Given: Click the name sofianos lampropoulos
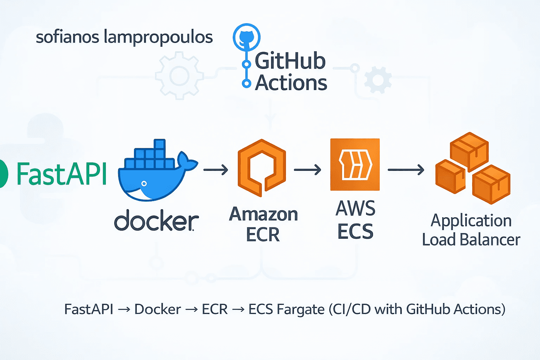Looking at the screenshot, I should tap(124, 37).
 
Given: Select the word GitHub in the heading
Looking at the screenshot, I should tap(290, 61).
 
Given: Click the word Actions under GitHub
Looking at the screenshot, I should tap(291, 83).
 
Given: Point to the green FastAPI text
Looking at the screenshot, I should tap(62, 174).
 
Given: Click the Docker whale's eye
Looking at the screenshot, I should tap(144, 184).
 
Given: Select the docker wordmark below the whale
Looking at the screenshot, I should tap(156, 220).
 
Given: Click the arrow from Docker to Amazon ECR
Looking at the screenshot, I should tap(216, 170).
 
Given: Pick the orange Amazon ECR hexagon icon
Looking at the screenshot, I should tap(262, 168).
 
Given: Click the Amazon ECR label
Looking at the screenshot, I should tap(263, 224).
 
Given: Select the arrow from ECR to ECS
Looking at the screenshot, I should tap(308, 170).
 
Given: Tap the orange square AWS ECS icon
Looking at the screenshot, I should tap(355, 165).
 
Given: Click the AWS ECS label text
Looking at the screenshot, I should tap(355, 219).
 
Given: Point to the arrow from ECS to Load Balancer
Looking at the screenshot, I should tap(406, 170).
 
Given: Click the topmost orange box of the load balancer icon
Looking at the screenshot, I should tap(469, 149).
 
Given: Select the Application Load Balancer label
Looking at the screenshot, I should tap(471, 230).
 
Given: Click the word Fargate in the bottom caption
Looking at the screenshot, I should tap(301, 309).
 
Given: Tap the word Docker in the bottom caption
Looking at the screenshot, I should tap(157, 309).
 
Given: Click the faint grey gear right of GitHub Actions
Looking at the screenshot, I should tap(378, 80).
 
